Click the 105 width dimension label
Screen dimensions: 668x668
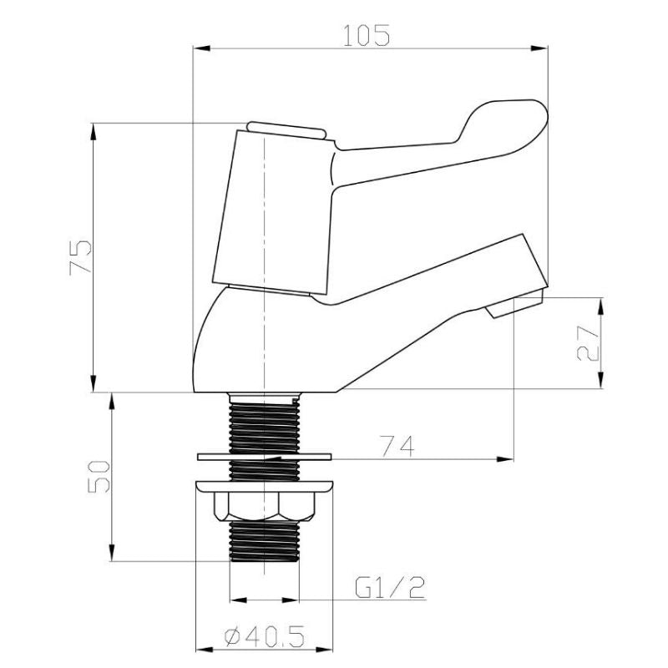pos(367,35)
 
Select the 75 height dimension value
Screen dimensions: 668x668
pos(80,258)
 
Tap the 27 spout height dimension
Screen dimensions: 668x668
pos(588,343)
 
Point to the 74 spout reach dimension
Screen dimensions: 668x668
pos(397,446)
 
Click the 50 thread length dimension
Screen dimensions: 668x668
pos(99,476)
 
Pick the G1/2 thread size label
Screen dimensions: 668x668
pos(390,588)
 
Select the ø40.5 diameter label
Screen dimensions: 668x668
pos(265,636)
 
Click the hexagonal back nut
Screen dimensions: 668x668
pos(265,507)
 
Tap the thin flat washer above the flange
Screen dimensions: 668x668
pos(264,457)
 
